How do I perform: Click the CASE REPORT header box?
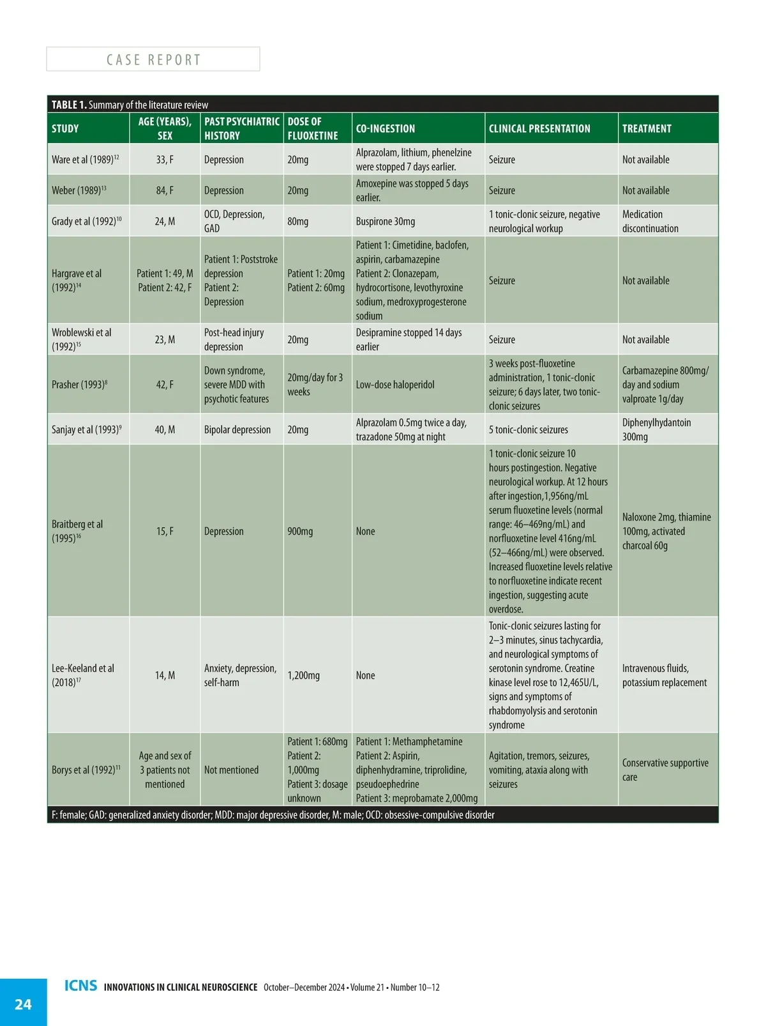click(x=153, y=59)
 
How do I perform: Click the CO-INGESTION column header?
click(x=386, y=128)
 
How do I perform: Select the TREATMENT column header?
click(x=647, y=128)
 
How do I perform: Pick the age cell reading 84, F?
click(x=165, y=190)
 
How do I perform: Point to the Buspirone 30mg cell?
click(x=386, y=222)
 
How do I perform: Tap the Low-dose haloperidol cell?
click(x=395, y=385)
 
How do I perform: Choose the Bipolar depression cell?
click(x=237, y=430)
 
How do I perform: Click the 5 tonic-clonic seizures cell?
click(x=529, y=430)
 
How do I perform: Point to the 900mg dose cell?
click(x=300, y=532)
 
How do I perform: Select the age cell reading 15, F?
click(x=165, y=532)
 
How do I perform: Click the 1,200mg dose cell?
click(x=304, y=675)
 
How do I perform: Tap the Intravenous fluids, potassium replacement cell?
click(x=665, y=675)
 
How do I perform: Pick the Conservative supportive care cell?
click(x=665, y=770)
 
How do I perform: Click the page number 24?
click(x=23, y=1004)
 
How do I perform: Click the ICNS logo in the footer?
click(x=81, y=986)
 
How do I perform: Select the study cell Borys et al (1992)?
click(x=86, y=770)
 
